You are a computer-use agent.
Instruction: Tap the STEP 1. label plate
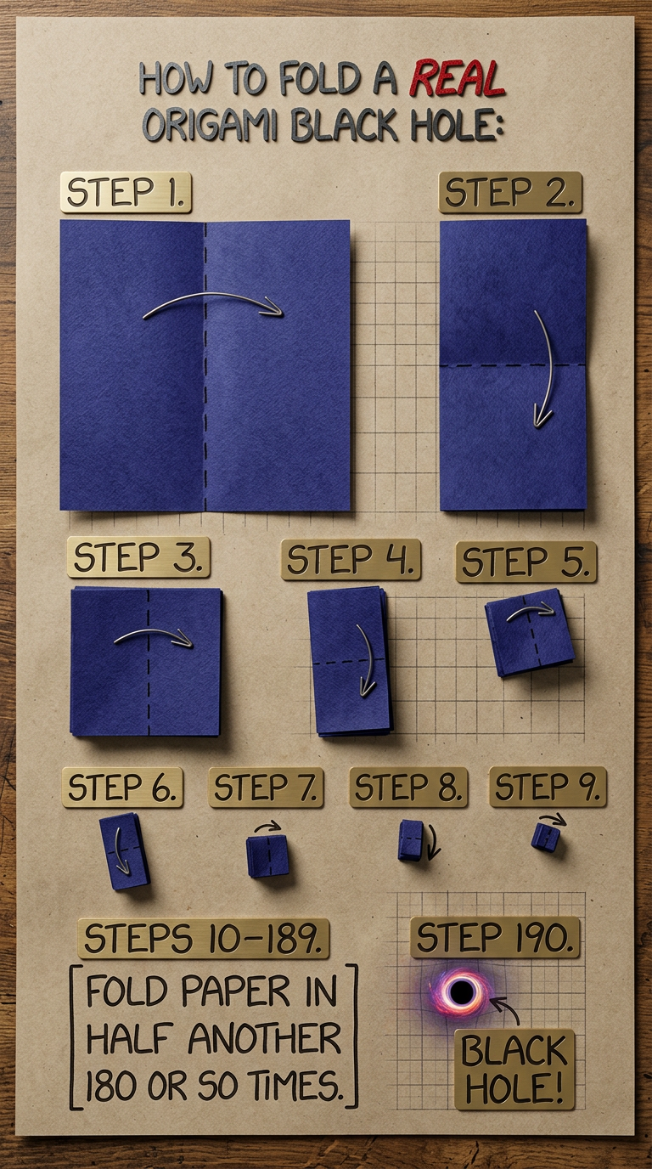coord(126,192)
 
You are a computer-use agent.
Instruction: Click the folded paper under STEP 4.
coord(348,660)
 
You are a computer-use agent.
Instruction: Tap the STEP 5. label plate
coord(526,562)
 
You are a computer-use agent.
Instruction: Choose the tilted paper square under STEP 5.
coord(529,632)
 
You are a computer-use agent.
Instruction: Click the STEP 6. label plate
coord(122,787)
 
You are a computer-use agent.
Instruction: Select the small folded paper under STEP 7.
coord(267,855)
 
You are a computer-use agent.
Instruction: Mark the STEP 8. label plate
coord(408,787)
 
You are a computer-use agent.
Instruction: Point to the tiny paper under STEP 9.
coord(545,838)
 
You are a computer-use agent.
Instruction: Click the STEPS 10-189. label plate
coord(203,938)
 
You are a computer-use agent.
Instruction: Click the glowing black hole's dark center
coord(461,991)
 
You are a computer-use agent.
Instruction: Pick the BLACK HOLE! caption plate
coord(514,1069)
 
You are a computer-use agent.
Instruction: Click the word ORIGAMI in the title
coord(212,125)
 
